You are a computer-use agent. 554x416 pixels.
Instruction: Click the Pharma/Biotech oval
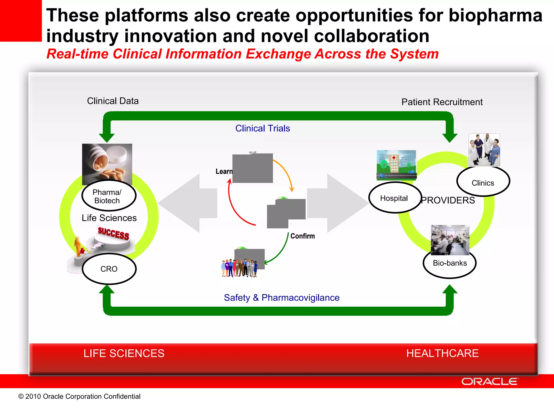point(109,196)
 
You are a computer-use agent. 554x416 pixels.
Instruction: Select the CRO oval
point(109,269)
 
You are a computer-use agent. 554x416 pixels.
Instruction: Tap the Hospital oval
point(395,198)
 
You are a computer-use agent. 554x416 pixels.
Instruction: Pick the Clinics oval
point(483,182)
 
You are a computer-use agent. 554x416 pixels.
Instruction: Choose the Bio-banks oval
point(450,263)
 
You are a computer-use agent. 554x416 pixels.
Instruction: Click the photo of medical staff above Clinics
point(484,149)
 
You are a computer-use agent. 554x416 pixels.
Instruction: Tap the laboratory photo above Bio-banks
point(450,240)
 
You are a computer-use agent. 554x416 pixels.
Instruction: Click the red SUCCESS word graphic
point(113,233)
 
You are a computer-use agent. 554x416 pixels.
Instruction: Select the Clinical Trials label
point(262,128)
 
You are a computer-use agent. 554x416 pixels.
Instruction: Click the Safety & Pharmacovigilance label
point(281,298)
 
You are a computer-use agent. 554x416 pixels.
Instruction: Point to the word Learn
point(224,171)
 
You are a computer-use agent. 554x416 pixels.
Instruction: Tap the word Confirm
point(302,236)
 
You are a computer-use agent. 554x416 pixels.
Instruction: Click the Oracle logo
point(490,381)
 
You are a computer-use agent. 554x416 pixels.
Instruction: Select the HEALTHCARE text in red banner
point(442,353)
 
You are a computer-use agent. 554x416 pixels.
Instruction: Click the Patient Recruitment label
point(442,102)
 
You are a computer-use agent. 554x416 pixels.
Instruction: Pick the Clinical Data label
point(113,101)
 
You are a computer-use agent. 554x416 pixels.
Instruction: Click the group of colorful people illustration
point(239,268)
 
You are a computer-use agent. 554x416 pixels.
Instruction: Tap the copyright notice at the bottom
point(79,396)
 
